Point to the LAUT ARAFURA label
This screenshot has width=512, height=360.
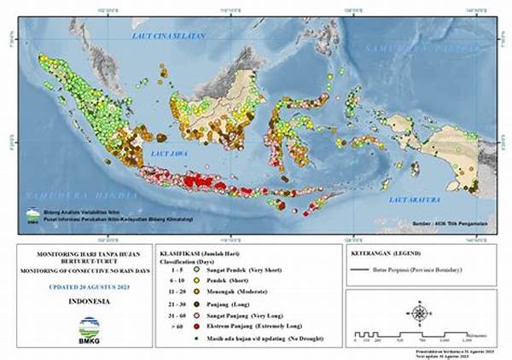[x=413, y=199]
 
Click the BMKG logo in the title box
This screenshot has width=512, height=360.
[x=89, y=328]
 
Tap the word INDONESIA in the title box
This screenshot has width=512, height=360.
[x=88, y=301]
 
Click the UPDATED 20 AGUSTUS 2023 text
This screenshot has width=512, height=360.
[x=89, y=287]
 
